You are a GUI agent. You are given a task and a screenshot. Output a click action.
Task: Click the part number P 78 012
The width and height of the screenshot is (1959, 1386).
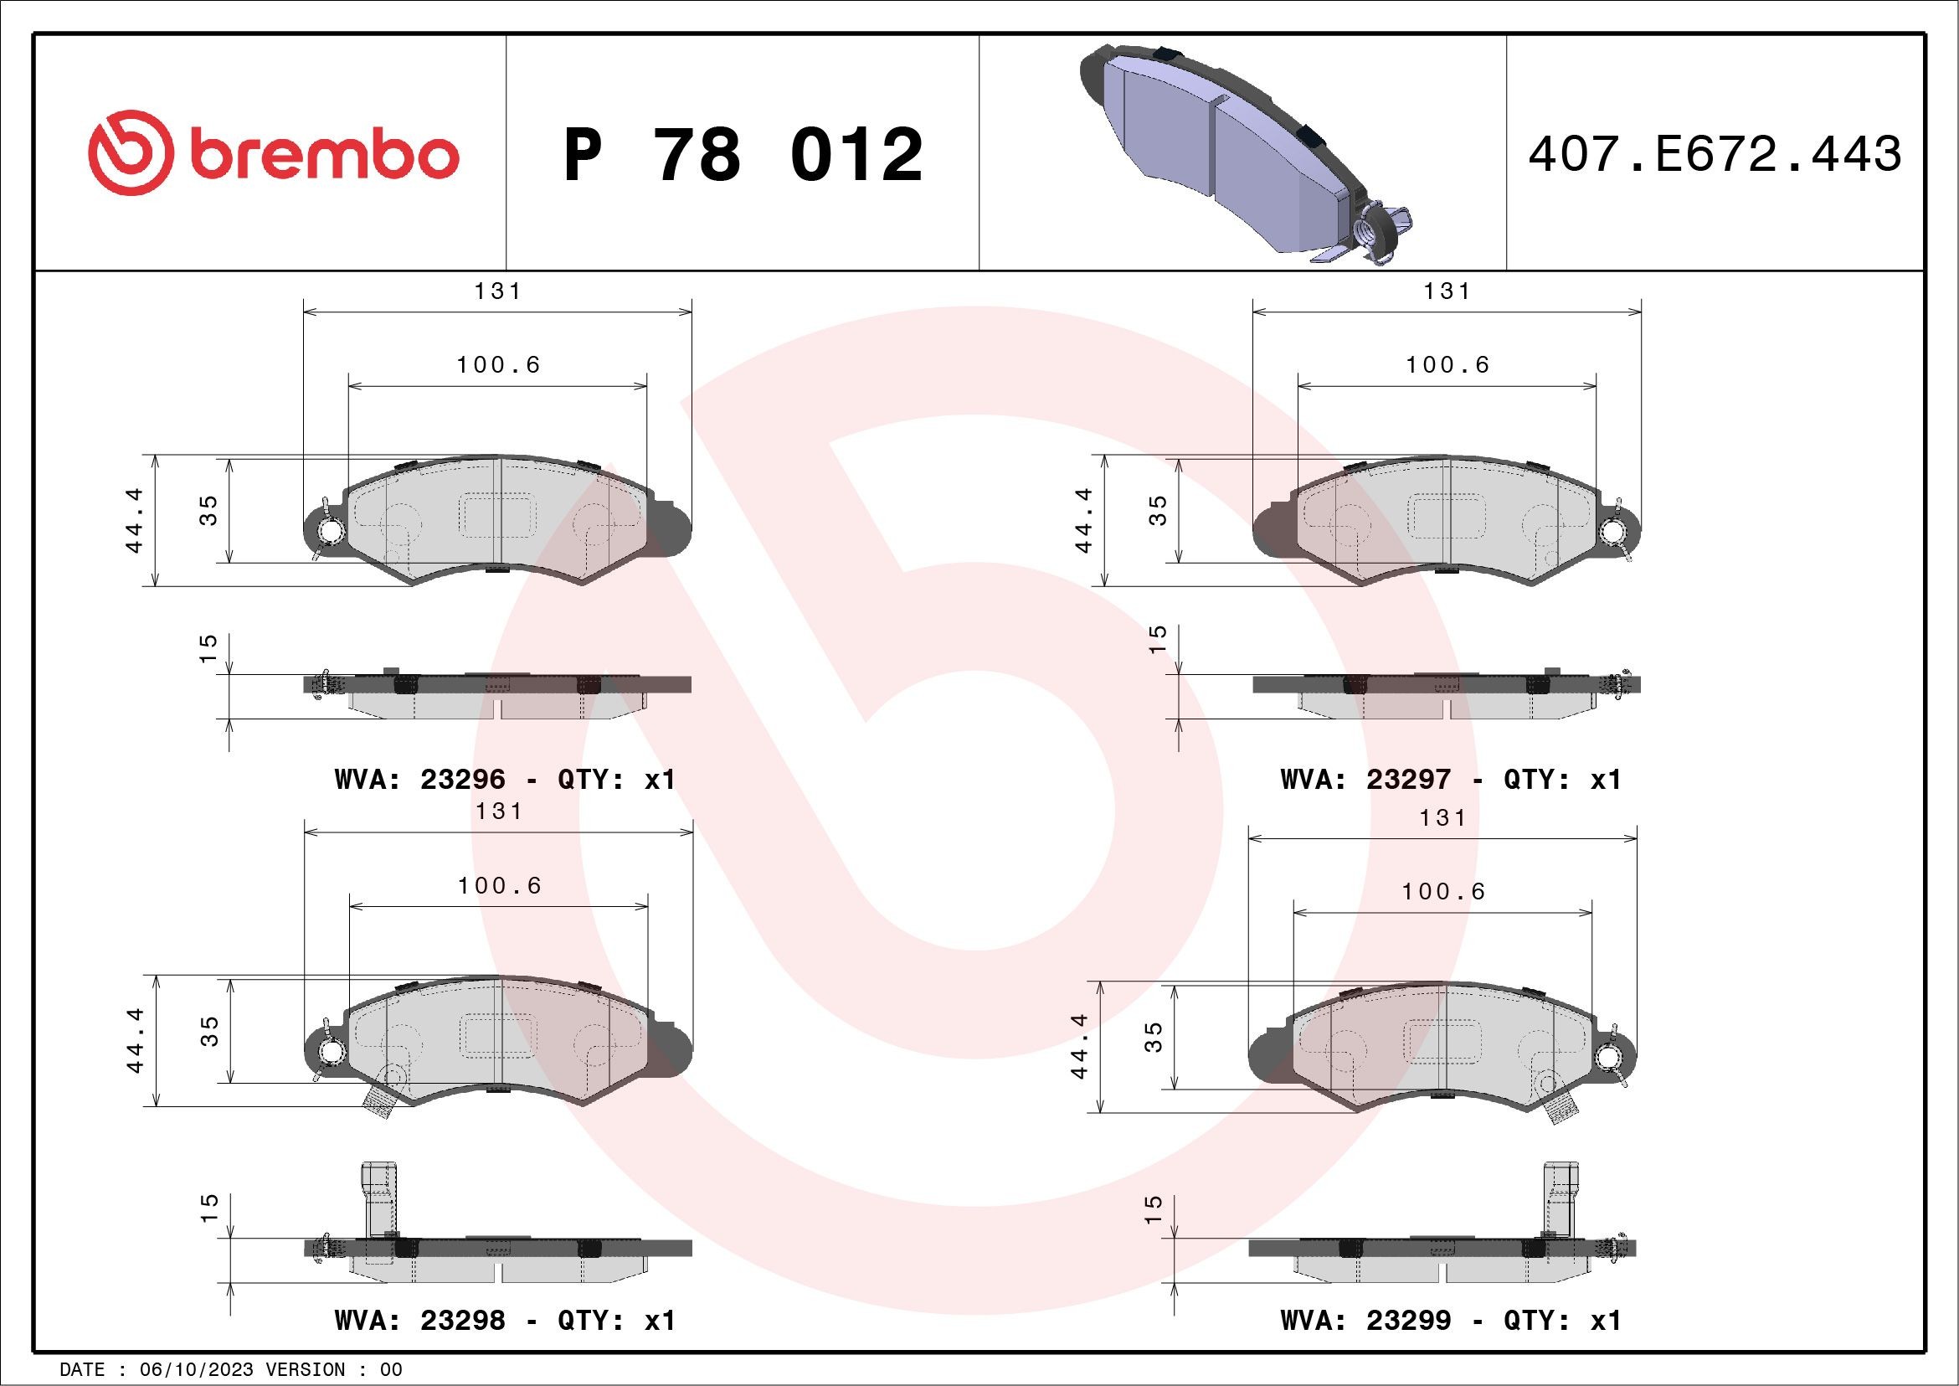click(x=743, y=154)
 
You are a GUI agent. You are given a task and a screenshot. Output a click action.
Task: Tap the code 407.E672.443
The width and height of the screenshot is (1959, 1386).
click(x=1715, y=154)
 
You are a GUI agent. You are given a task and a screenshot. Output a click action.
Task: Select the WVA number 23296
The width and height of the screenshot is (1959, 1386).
click(x=462, y=779)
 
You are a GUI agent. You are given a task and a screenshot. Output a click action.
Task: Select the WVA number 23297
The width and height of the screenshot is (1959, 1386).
click(x=1408, y=779)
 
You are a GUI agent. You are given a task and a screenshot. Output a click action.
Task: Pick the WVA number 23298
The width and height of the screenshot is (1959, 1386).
click(x=462, y=1321)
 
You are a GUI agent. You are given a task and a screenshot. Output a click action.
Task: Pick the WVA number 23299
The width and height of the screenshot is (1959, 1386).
click(x=1408, y=1321)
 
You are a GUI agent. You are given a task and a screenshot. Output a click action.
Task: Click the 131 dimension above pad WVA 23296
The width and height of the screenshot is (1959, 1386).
click(x=498, y=291)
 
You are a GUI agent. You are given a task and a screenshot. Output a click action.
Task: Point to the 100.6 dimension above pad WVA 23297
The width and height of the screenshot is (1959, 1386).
click(x=1448, y=365)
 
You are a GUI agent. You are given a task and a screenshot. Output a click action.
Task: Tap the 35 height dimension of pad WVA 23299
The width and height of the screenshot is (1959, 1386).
click(x=1154, y=1037)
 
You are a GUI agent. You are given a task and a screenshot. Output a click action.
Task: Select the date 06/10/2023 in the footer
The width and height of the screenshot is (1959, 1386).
click(x=203, y=1369)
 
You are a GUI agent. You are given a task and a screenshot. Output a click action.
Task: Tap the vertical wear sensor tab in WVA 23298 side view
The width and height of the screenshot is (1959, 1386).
click(x=379, y=1198)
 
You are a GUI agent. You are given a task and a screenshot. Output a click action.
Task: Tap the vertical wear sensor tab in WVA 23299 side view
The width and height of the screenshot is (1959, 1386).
click(x=1561, y=1198)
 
